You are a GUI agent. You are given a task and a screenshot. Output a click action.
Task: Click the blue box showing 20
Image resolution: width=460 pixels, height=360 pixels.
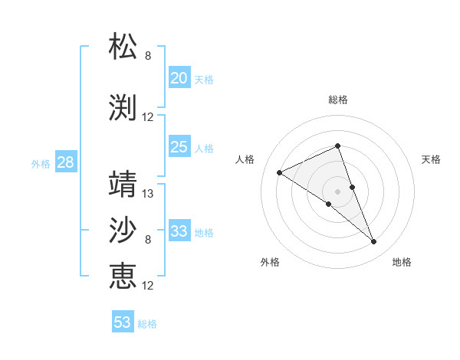[x=179, y=78]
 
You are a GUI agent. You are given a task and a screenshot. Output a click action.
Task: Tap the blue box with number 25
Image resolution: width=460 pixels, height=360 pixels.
[x=179, y=147]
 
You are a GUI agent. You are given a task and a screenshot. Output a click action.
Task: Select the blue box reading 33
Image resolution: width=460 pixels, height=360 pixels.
[x=179, y=231]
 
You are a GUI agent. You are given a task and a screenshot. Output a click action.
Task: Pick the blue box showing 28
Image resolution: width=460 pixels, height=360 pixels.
[x=65, y=162]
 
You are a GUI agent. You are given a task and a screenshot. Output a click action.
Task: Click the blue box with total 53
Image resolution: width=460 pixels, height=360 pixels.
[x=123, y=322]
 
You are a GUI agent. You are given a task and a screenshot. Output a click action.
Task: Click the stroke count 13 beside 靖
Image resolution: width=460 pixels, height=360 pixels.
[x=148, y=194]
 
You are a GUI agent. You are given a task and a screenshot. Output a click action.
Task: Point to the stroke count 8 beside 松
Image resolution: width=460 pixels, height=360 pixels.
[x=148, y=56]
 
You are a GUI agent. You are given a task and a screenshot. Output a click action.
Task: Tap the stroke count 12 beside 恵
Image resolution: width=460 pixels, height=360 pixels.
[x=148, y=286]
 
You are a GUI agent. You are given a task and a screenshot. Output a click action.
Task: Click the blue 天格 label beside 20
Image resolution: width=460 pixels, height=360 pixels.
[x=204, y=80]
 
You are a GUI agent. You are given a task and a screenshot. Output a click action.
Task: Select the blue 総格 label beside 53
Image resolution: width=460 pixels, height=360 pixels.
[x=147, y=324]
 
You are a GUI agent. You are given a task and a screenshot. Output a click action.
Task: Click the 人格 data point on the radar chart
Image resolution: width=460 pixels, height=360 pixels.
[x=280, y=173]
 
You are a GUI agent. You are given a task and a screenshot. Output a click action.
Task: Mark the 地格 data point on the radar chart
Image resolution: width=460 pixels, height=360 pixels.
[x=374, y=242]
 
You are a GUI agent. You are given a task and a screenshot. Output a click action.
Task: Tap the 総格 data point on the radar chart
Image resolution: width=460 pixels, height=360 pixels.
[x=337, y=146]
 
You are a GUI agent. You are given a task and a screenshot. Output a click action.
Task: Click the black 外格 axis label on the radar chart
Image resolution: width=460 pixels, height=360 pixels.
[x=270, y=263]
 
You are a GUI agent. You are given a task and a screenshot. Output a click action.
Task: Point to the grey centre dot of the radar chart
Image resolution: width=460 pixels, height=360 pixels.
[x=337, y=191]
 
